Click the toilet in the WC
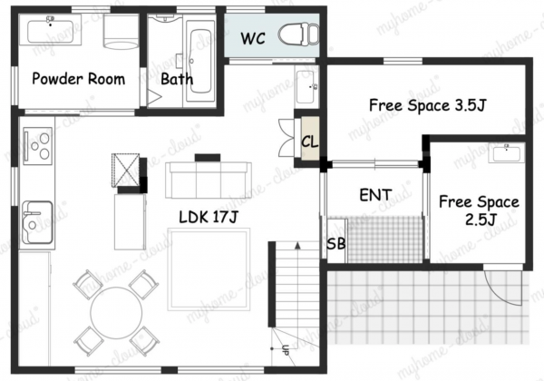[x=298, y=34]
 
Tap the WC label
[x=253, y=38]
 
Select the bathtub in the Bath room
[x=200, y=62]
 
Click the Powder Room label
[x=78, y=79]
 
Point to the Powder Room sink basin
[x=50, y=31]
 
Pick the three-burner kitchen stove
[x=38, y=146]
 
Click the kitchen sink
[x=37, y=222]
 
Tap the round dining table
[x=116, y=313]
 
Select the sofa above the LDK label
[x=209, y=180]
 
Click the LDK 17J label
[x=209, y=217]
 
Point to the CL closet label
[x=309, y=142]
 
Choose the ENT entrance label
[x=375, y=195]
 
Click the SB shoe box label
[x=336, y=244]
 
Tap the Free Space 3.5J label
[x=427, y=105]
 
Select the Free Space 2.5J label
[x=479, y=210]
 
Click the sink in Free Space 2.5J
[x=507, y=153]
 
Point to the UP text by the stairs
[x=286, y=350]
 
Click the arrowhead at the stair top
[x=297, y=245]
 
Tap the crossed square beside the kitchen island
[x=125, y=171]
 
